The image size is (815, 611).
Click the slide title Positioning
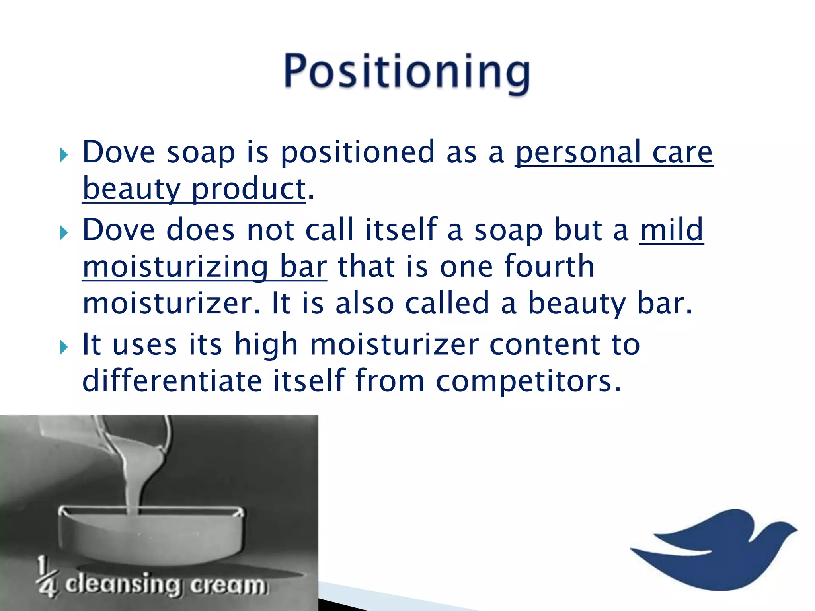(407, 72)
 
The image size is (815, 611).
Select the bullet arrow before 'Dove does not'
(64, 232)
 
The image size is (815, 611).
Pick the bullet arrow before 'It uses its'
(64, 347)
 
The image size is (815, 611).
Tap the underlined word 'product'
(248, 189)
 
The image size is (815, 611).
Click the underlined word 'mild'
(672, 230)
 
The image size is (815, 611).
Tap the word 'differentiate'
(172, 381)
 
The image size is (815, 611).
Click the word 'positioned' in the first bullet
(357, 153)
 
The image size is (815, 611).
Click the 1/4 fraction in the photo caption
(47, 577)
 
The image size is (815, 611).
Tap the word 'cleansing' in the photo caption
(123, 585)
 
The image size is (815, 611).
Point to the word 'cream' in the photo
(228, 586)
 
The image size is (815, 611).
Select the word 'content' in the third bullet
(544, 344)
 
